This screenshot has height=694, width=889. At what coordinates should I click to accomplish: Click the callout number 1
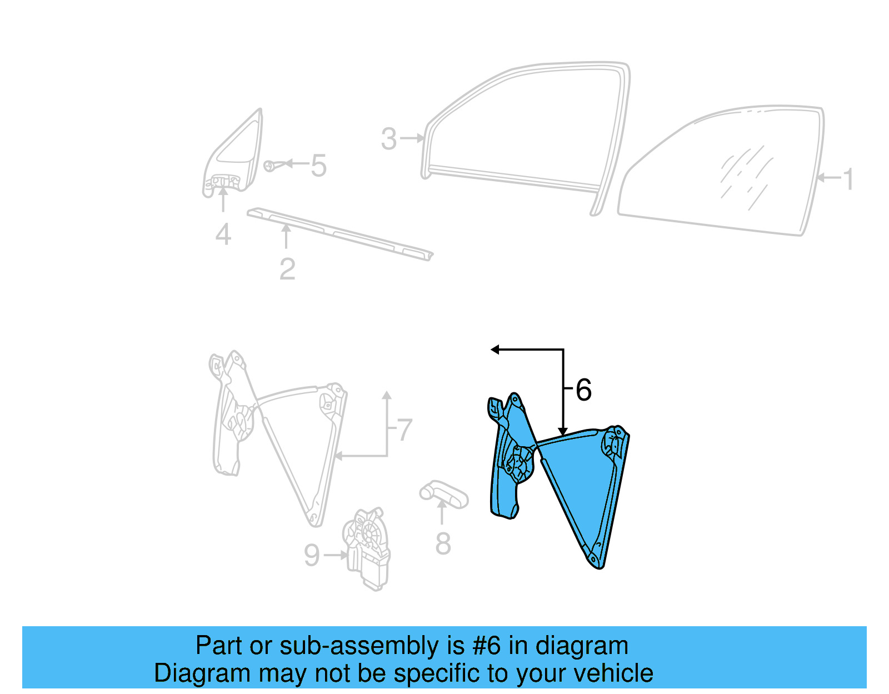tap(847, 179)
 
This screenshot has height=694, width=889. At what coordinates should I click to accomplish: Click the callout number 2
tap(287, 269)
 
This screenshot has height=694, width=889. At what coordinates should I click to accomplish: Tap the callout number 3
tap(389, 138)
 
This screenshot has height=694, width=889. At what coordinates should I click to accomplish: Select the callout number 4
tap(223, 234)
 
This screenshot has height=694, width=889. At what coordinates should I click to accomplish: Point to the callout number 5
tap(318, 165)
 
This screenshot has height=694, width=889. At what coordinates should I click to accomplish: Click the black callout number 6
tap(583, 390)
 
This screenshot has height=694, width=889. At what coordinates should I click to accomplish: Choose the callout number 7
tap(404, 430)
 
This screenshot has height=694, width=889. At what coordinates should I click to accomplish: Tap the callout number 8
tap(443, 543)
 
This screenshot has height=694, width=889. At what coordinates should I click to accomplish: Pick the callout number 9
tap(312, 555)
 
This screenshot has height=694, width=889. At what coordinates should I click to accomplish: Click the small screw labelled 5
tap(270, 166)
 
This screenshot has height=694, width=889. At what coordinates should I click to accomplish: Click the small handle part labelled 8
tap(444, 494)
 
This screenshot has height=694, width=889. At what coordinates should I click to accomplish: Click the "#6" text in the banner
tap(486, 646)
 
